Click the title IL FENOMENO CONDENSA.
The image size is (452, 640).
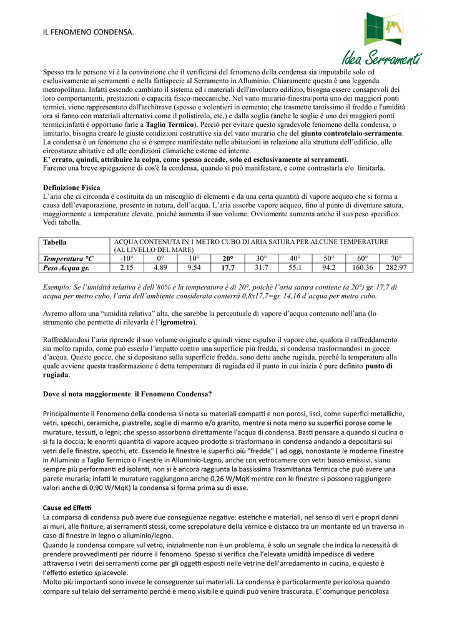point(88,31)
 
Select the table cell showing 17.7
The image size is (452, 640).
point(228,267)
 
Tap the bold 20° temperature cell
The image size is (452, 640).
point(228,258)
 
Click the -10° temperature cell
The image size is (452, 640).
point(127,258)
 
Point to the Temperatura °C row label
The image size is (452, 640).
point(68,258)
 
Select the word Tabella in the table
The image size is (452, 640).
point(55,242)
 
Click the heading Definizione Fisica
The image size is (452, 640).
point(71,187)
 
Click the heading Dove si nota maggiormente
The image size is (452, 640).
point(127,394)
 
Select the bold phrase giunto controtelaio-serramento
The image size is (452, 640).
point(351,134)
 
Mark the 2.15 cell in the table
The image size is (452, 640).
point(127,267)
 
